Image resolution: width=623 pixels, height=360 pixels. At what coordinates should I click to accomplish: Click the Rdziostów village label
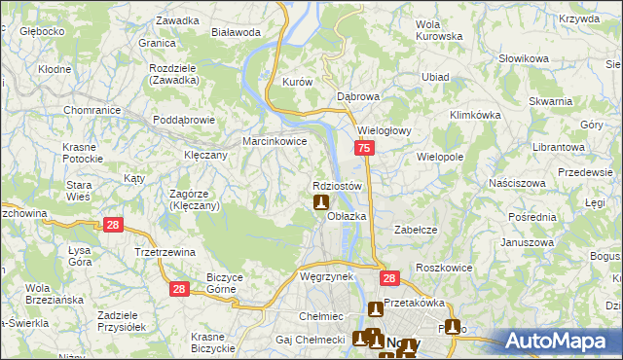pos(338,185)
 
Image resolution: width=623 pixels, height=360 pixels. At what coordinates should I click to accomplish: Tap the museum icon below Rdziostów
pos(320,203)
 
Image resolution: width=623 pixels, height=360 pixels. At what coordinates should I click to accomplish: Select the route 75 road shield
pos(363,148)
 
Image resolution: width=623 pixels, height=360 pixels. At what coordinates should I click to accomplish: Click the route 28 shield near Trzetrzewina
pos(114,226)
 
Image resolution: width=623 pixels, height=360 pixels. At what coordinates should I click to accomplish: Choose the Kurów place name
pos(296,83)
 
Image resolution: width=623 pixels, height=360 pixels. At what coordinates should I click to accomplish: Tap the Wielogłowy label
pos(386,129)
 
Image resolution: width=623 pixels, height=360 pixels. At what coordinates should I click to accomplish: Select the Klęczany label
pos(205,155)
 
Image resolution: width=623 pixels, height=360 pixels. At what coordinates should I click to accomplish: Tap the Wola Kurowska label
pos(438,30)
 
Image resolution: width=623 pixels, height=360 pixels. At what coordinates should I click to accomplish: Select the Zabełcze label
pos(413,229)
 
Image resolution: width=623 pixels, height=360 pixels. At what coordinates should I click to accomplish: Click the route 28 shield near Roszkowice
pos(390,279)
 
